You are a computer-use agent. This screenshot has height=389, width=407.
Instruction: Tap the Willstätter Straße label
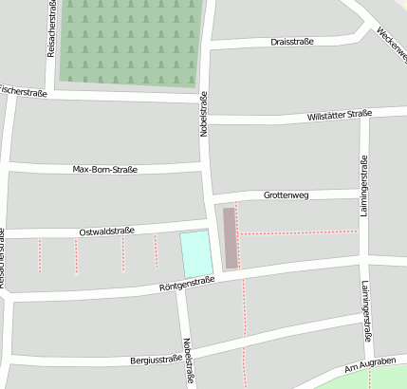pos(340,115)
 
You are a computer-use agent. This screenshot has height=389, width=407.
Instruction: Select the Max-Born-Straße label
pos(105,170)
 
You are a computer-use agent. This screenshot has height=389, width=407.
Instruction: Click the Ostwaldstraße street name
pos(106,231)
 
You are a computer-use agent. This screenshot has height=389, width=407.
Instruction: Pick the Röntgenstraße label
pos(188,282)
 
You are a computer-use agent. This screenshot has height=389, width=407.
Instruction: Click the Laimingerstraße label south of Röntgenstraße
pos(366,311)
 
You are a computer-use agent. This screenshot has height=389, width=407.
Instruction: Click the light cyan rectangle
pos(196,253)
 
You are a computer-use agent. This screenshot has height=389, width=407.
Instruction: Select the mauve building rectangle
pos(231,237)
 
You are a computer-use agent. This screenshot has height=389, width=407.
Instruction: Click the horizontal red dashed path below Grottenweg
pos(299,232)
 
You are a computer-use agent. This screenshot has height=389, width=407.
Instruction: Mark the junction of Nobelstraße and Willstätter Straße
pos(206,120)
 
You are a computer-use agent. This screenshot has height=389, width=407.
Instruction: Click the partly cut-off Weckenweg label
pos(390,39)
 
